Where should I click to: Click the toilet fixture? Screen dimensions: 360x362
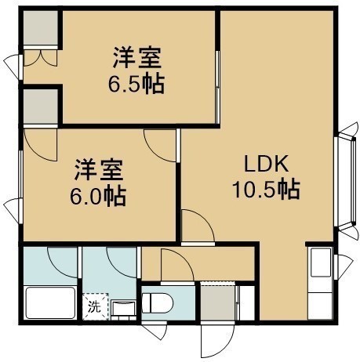click(158, 302)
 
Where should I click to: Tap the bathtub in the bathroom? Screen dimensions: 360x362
click(50, 302)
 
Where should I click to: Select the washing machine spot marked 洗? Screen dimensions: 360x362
click(95, 306)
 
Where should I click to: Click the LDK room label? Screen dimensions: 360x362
click(266, 164)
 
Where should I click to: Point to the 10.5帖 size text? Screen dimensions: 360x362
click(266, 189)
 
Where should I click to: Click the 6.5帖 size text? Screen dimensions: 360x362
click(136, 84)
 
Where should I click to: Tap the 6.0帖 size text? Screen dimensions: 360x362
click(98, 196)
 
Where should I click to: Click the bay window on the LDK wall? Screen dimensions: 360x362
click(346, 181)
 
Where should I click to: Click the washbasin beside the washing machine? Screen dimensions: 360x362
click(123, 310)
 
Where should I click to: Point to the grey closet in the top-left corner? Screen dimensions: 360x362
click(41, 28)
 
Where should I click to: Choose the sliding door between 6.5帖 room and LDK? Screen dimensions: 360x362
click(217, 87)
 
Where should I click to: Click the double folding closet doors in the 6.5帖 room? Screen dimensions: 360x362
click(40, 58)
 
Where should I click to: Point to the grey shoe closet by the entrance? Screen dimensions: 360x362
click(217, 303)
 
